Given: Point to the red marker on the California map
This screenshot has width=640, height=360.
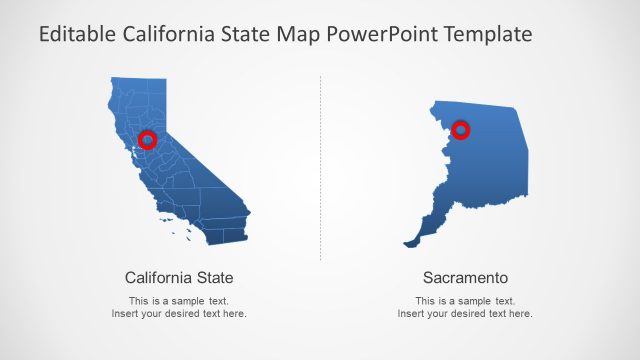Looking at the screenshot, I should [x=147, y=139].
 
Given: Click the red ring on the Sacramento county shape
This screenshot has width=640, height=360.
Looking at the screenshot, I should [x=461, y=129].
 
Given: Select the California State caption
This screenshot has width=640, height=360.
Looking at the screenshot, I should [x=179, y=277].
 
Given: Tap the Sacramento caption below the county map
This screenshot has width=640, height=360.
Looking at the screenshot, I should [x=465, y=277].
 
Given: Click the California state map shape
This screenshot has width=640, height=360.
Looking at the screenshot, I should [x=200, y=190].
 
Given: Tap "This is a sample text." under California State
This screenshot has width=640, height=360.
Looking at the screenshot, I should [x=179, y=301].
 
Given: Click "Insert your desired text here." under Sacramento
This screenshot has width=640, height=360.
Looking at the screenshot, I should [x=465, y=314].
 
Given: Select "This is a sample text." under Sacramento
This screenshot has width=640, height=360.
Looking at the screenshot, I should [x=465, y=301].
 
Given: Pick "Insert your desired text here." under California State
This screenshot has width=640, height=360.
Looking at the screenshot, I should [x=179, y=314].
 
